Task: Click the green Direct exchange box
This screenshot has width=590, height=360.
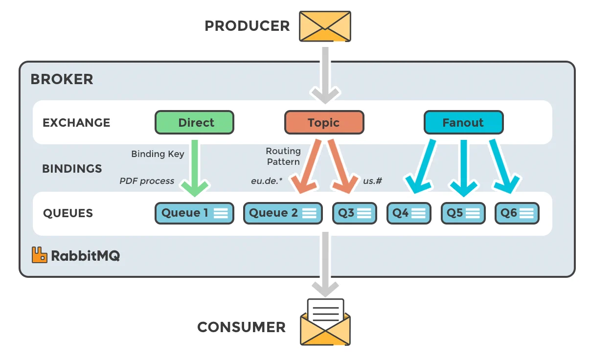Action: [194, 122]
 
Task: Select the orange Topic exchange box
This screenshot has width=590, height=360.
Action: [324, 122]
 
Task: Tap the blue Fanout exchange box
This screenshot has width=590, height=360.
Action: [463, 122]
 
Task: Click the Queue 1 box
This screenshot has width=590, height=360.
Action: [194, 213]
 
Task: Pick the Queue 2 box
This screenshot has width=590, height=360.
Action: [283, 213]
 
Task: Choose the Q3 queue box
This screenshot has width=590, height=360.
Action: [355, 213]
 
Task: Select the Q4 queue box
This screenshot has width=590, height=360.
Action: [408, 213]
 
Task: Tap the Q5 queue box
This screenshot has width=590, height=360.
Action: [463, 213]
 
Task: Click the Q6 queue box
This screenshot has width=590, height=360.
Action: [517, 213]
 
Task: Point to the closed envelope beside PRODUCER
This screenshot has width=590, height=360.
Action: [325, 26]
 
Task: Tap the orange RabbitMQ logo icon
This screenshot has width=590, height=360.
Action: [40, 255]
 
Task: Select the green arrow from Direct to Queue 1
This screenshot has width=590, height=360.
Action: [195, 166]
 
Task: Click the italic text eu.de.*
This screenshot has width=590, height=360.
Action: [267, 181]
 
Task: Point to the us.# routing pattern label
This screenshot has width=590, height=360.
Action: [372, 181]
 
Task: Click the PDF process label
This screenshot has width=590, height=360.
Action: [147, 181]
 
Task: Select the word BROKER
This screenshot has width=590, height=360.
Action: [62, 79]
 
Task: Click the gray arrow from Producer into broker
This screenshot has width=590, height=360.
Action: [325, 73]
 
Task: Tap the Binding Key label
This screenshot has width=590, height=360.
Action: [158, 154]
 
